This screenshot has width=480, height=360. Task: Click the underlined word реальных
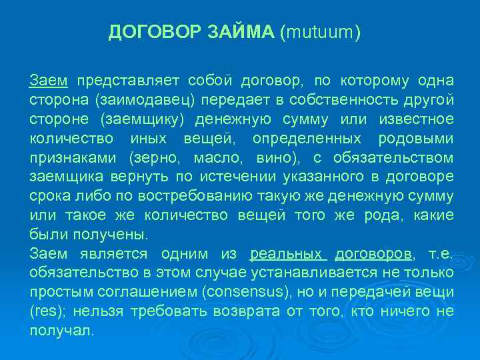tap(287, 254)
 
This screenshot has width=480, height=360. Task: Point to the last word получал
tap(63, 331)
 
